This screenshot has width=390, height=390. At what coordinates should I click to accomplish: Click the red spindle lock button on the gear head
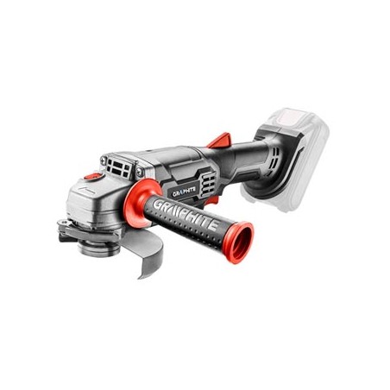click(x=93, y=175)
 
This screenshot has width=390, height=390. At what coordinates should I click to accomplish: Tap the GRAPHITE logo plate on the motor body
click(x=184, y=192)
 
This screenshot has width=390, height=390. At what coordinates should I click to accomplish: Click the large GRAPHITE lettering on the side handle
click(x=185, y=214)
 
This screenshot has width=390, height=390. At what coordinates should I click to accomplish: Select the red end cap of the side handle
click(x=239, y=242)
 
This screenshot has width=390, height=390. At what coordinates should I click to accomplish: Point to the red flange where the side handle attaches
click(x=141, y=201)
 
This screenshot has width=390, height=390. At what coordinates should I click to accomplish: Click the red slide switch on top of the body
click(x=220, y=140)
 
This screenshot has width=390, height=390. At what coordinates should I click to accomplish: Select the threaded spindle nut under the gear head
click(x=98, y=248)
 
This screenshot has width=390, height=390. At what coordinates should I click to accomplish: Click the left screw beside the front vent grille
click(x=103, y=160)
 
